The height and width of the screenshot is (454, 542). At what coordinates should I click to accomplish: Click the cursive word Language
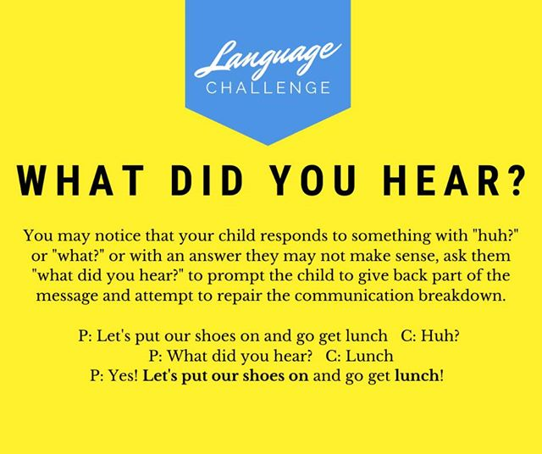coord(268,58)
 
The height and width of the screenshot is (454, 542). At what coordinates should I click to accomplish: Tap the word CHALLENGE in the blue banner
coord(268,88)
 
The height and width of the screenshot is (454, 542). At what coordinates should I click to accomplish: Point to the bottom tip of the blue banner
coord(268,145)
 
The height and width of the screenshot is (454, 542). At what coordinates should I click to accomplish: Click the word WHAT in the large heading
coord(80,181)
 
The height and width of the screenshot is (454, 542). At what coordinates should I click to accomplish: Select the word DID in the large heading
coord(207,181)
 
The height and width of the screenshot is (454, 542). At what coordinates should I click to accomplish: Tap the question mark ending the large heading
coord(514,180)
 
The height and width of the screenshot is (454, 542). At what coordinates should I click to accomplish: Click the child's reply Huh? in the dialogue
coord(440,335)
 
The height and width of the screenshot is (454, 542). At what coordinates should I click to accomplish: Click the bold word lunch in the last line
coord(417,375)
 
